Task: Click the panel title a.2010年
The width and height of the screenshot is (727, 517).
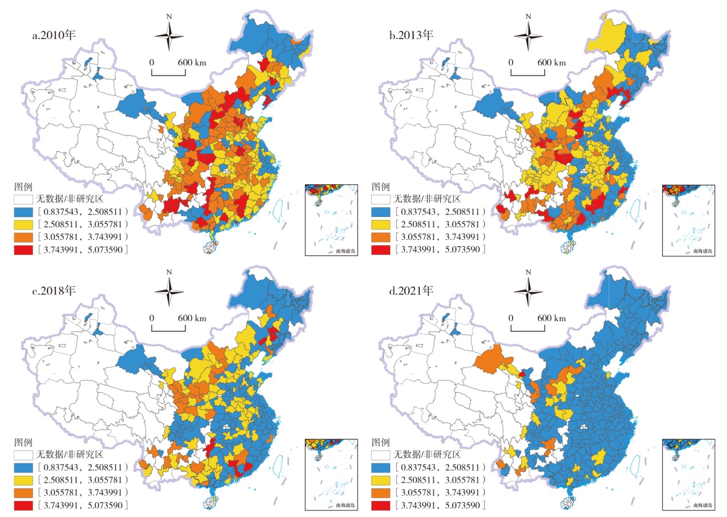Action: click(54, 35)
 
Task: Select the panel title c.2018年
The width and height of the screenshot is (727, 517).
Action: click(54, 290)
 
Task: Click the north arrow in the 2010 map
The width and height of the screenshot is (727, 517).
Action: click(169, 36)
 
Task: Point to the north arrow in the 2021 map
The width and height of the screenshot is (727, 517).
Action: click(528, 291)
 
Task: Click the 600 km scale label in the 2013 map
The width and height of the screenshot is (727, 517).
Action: click(551, 62)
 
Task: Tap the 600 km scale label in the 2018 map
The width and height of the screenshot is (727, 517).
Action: click(192, 318)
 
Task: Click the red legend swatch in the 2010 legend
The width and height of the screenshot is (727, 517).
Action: click(24, 250)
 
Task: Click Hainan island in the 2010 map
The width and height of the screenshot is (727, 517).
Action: click(211, 247)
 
